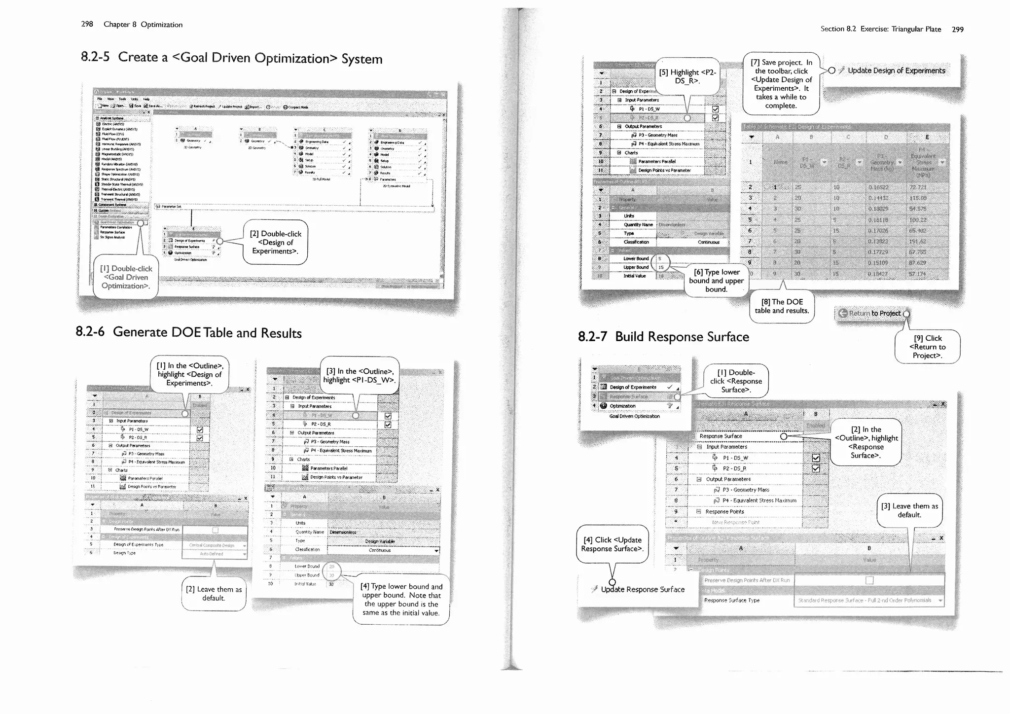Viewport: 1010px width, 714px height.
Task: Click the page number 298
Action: (x=87, y=24)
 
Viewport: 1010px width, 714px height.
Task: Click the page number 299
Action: (x=957, y=29)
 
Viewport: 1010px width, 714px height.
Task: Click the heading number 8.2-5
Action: (x=95, y=57)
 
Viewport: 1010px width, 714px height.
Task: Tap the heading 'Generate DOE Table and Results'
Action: (x=207, y=332)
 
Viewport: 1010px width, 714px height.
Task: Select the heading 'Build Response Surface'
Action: (x=682, y=337)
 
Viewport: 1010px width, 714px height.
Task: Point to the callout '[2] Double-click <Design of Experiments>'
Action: (x=275, y=242)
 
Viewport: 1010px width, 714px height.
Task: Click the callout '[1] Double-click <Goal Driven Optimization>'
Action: (x=125, y=277)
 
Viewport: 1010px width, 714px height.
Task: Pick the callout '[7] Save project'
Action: (x=781, y=83)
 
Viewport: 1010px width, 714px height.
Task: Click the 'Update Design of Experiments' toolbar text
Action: (x=896, y=71)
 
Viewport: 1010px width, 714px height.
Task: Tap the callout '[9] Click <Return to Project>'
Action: (x=927, y=347)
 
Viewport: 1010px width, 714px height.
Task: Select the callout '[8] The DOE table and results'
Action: (x=781, y=306)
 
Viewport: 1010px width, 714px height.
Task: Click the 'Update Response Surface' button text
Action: (x=643, y=589)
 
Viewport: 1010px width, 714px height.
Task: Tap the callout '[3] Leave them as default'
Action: (x=909, y=510)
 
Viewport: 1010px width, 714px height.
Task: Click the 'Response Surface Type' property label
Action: (x=731, y=600)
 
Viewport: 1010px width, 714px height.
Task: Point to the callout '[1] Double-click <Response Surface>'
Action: (x=735, y=381)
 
